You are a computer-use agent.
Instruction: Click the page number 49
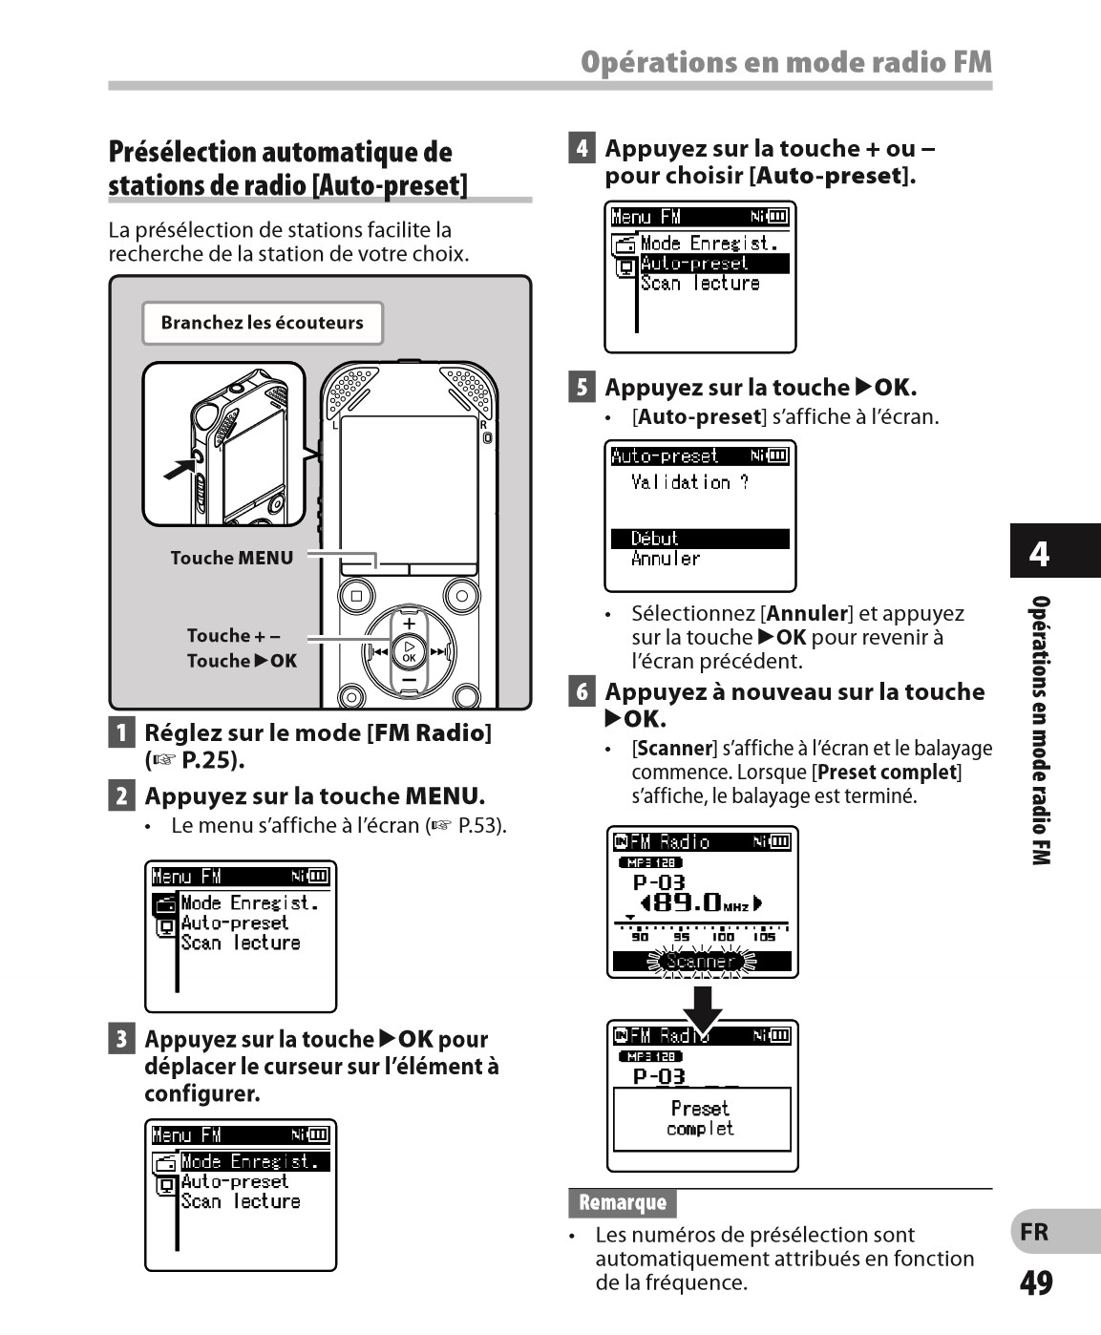[x=1036, y=1282]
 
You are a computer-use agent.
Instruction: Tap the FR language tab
[x=1035, y=1232]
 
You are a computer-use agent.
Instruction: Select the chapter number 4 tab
[x=1039, y=553]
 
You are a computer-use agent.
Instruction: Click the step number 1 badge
[x=120, y=733]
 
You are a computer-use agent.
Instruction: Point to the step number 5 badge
[x=581, y=388]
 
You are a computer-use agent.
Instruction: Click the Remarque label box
[x=622, y=1202]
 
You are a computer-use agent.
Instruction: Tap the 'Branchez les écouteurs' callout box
[x=262, y=323]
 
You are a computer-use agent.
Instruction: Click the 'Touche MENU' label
[x=231, y=558]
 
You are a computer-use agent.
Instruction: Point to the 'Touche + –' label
[x=233, y=636]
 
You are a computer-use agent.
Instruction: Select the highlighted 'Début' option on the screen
[x=699, y=539]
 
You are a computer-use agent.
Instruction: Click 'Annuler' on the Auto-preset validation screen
[x=666, y=559]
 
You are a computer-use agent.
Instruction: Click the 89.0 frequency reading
[x=694, y=901]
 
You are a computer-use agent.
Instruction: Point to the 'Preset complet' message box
[x=701, y=1118]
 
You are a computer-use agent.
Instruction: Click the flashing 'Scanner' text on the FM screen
[x=701, y=962]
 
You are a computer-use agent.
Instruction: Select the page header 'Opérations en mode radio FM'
[x=786, y=63]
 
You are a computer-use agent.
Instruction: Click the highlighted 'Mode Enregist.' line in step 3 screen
[x=254, y=1162]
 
